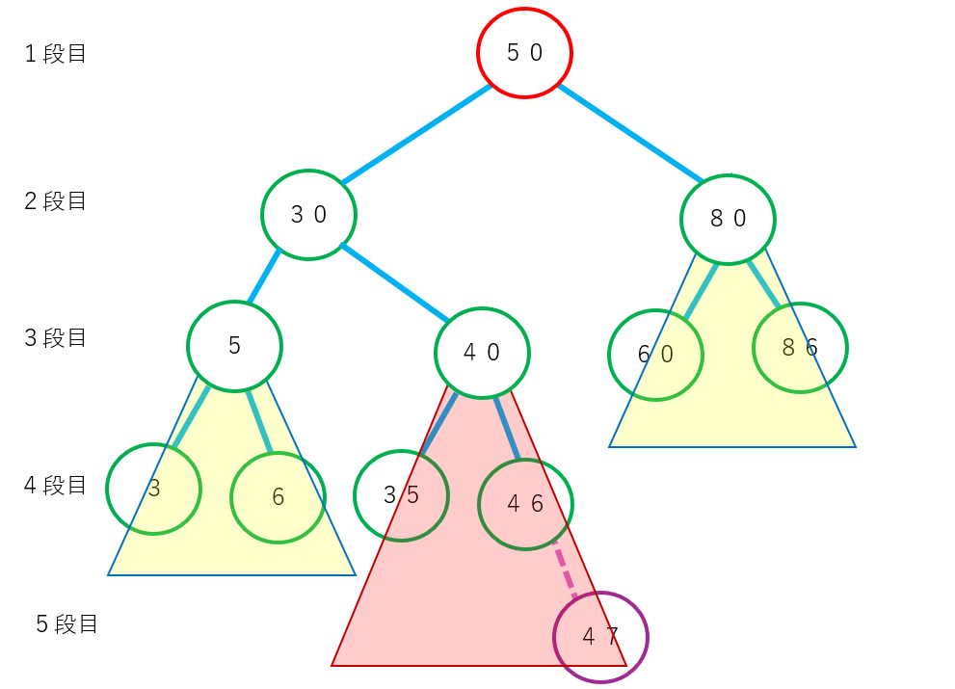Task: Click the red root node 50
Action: pos(525,53)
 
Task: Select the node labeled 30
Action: pos(308,215)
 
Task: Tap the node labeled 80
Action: pos(729,219)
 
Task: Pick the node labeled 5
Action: pos(234,346)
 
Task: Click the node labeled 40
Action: pos(482,353)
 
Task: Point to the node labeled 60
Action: pos(655,355)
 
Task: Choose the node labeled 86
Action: pos(800,348)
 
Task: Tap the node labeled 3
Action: pos(153,489)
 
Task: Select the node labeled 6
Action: pos(278,497)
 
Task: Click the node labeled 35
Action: pos(401,495)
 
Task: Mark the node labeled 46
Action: pos(525,504)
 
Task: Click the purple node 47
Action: pos(600,637)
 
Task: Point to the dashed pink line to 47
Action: pos(566,573)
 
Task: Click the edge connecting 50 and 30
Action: pos(416,134)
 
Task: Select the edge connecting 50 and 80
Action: pos(631,134)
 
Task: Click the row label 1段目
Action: pos(56,54)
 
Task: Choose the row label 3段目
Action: pos(56,338)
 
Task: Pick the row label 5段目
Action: pos(67,624)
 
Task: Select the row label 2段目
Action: pos(56,201)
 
